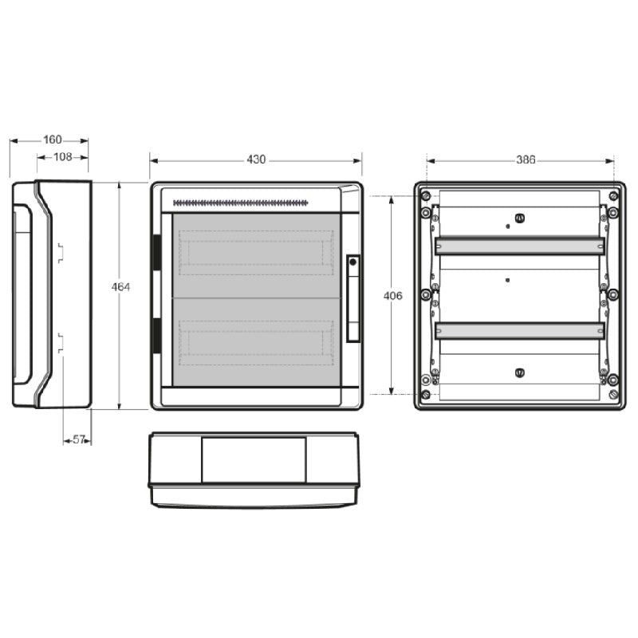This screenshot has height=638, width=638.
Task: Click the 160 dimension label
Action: pyautogui.click(x=53, y=140)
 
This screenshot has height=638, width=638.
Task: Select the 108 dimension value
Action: pyautogui.click(x=63, y=157)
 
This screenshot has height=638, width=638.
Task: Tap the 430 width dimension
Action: pyautogui.click(x=256, y=159)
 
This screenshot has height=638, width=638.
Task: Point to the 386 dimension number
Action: pyautogui.click(x=525, y=159)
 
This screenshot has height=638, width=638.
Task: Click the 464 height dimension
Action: pyautogui.click(x=120, y=286)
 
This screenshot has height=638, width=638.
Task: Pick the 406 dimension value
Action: pyautogui.click(x=392, y=296)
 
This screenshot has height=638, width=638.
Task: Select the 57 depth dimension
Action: pyautogui.click(x=78, y=439)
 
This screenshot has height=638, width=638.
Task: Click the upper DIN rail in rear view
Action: pyautogui.click(x=519, y=246)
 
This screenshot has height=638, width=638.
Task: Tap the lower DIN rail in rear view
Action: pyautogui.click(x=519, y=330)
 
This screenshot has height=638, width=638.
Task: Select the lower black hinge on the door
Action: pyautogui.click(x=156, y=336)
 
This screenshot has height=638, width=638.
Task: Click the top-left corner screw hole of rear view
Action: pyautogui.click(x=426, y=196)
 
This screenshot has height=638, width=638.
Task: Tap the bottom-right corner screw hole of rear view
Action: pyautogui.click(x=612, y=394)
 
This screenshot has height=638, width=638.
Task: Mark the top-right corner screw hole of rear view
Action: pyautogui.click(x=612, y=196)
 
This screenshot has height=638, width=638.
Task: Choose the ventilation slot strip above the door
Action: pyautogui.click(x=240, y=203)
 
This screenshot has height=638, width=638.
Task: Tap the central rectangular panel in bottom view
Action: pyautogui.click(x=254, y=459)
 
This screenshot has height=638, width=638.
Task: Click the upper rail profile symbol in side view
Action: pyautogui.click(x=60, y=253)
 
